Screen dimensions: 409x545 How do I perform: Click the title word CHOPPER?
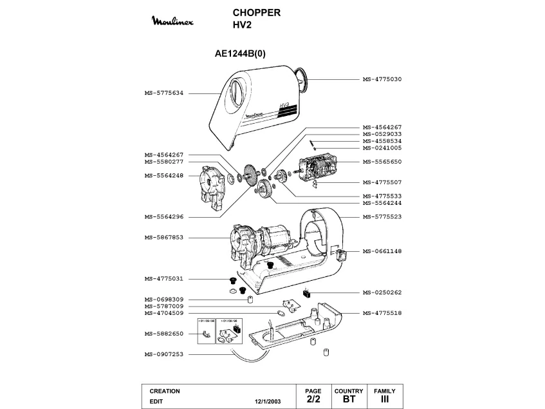click(x=256, y=13)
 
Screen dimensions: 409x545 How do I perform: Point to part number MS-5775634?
click(x=164, y=93)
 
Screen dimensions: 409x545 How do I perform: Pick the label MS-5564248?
click(x=164, y=175)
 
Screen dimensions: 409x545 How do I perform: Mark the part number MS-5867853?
click(x=164, y=238)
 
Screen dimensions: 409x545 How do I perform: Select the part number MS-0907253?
click(x=164, y=354)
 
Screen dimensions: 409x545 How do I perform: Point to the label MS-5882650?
click(x=164, y=334)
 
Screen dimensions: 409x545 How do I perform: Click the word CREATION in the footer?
click(x=164, y=391)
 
